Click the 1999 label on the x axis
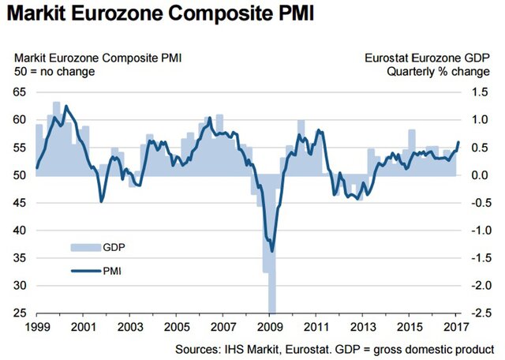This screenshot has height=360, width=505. coord(37,326)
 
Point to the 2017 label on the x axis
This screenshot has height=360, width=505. coord(453,326)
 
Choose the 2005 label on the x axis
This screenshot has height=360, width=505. coord(176,326)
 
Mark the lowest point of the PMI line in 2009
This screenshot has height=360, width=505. coord(272,251)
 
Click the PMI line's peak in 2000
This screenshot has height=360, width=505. coord(65,106)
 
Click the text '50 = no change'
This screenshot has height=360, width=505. coord(54,72)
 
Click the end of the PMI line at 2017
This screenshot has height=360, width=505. coord(458,143)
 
